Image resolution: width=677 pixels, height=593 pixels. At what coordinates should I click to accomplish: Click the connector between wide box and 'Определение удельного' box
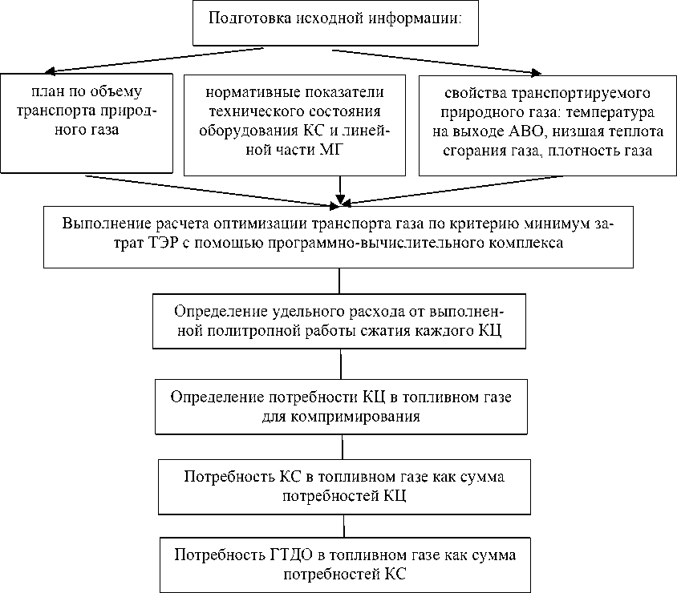(340, 280)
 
